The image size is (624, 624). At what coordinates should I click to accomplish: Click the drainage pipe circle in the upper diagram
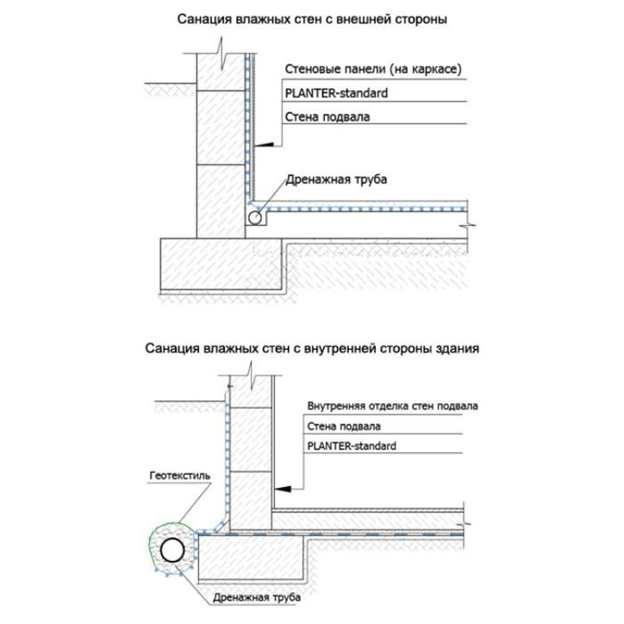(x=255, y=218)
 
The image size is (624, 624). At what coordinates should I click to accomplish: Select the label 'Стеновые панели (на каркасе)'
(x=373, y=70)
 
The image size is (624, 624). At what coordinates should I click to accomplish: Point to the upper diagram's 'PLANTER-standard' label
(x=336, y=93)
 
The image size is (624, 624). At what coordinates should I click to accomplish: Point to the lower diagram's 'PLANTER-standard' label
(x=352, y=446)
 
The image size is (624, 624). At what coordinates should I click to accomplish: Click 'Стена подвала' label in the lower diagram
(x=344, y=426)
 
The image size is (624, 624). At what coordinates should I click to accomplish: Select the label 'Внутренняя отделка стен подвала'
(x=392, y=406)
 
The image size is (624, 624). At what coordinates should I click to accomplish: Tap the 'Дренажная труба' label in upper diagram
(x=337, y=181)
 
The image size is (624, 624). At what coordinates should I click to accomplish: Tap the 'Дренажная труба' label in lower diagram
(x=256, y=598)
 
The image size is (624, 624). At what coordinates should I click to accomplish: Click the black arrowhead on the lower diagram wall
(x=283, y=485)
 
